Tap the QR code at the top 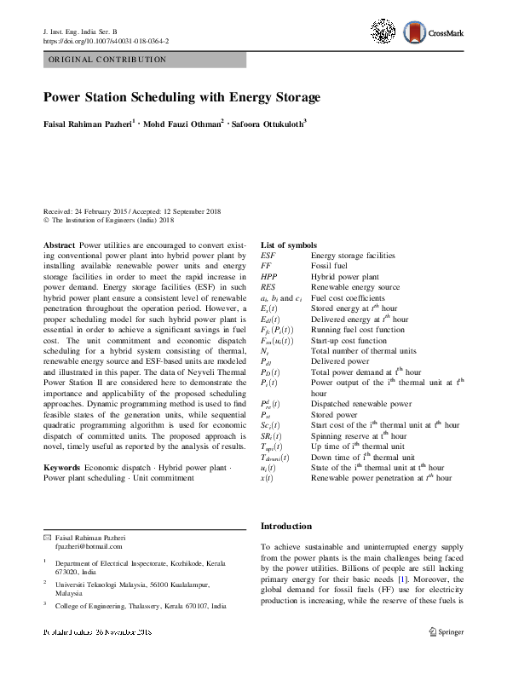tap(384, 32)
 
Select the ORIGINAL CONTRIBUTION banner tap(144, 60)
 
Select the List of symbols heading tap(288, 245)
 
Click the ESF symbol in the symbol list tap(268, 256)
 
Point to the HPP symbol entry tap(268, 277)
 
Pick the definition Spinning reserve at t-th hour tap(359, 435)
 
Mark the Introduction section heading tap(285, 526)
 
